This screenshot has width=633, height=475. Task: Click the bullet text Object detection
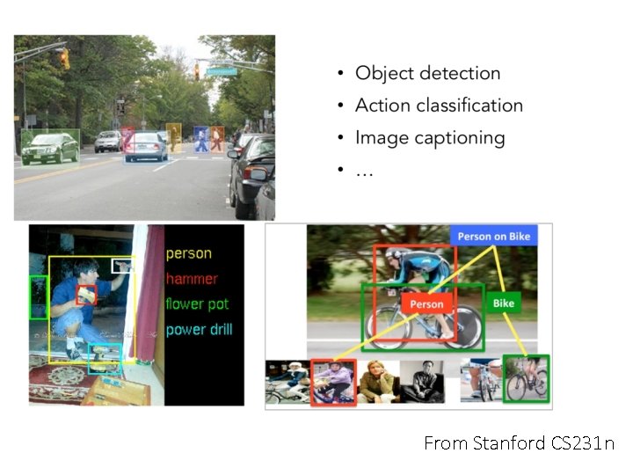tap(427, 73)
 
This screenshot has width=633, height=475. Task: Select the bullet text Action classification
tap(439, 106)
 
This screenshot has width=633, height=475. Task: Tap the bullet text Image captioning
tap(430, 138)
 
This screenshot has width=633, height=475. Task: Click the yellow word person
tap(189, 253)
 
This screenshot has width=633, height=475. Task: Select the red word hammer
tap(191, 279)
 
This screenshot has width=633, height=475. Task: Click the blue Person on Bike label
tap(498, 236)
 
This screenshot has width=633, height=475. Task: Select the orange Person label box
tap(427, 303)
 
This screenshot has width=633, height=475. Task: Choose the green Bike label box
tap(503, 303)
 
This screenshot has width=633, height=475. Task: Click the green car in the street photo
tap(50, 148)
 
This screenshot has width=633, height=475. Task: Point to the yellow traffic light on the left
tap(64, 58)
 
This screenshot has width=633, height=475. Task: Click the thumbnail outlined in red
tap(333, 382)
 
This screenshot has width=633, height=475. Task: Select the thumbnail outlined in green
tap(526, 378)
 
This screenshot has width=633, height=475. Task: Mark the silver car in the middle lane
tap(145, 146)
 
